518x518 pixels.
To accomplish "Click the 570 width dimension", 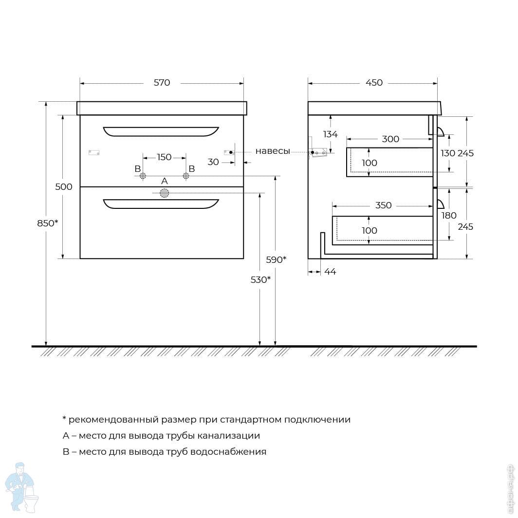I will pos(162,83).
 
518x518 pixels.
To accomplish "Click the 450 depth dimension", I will pos(374,83).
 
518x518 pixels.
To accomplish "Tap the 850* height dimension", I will pos(48,223).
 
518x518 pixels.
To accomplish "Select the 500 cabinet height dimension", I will pos(64,187).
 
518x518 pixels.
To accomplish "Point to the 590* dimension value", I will pos(276,260).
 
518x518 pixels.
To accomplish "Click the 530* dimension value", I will pos(260,280).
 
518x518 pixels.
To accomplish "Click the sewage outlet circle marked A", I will pos(165,193).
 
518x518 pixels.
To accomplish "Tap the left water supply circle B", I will pos(143,176).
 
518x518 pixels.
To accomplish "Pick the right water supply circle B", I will pos(186,176).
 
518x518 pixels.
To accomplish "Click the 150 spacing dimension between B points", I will pos(164,157).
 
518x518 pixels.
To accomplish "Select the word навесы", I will pos(273,151).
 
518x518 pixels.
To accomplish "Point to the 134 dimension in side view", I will pos(330,134).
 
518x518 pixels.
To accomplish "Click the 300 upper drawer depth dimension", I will pos(390,139).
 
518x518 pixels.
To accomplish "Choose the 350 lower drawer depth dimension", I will pos(384,205).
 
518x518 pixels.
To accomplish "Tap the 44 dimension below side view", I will pos(330,272).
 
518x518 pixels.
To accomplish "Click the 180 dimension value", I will pos(449,216).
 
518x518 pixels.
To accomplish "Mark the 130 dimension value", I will pos(448,153).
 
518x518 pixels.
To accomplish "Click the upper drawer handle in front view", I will pos(161,132).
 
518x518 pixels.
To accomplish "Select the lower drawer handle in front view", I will pos(161,203).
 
